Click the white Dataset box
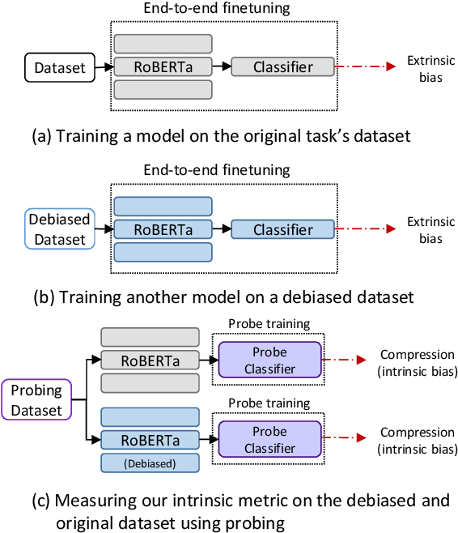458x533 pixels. coord(59,68)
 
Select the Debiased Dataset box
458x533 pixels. coord(59,229)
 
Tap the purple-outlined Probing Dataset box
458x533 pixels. coord(36,399)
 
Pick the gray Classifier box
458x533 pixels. coord(282,67)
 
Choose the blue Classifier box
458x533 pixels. coord(282,229)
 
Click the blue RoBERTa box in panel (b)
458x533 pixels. coord(163,229)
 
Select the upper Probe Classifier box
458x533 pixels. coord(269,360)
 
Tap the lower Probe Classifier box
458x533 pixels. coord(269,440)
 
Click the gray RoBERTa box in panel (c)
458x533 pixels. coord(150,360)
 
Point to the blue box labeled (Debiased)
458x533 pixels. coord(150,463)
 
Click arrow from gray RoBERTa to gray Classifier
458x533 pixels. coord(221,67)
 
